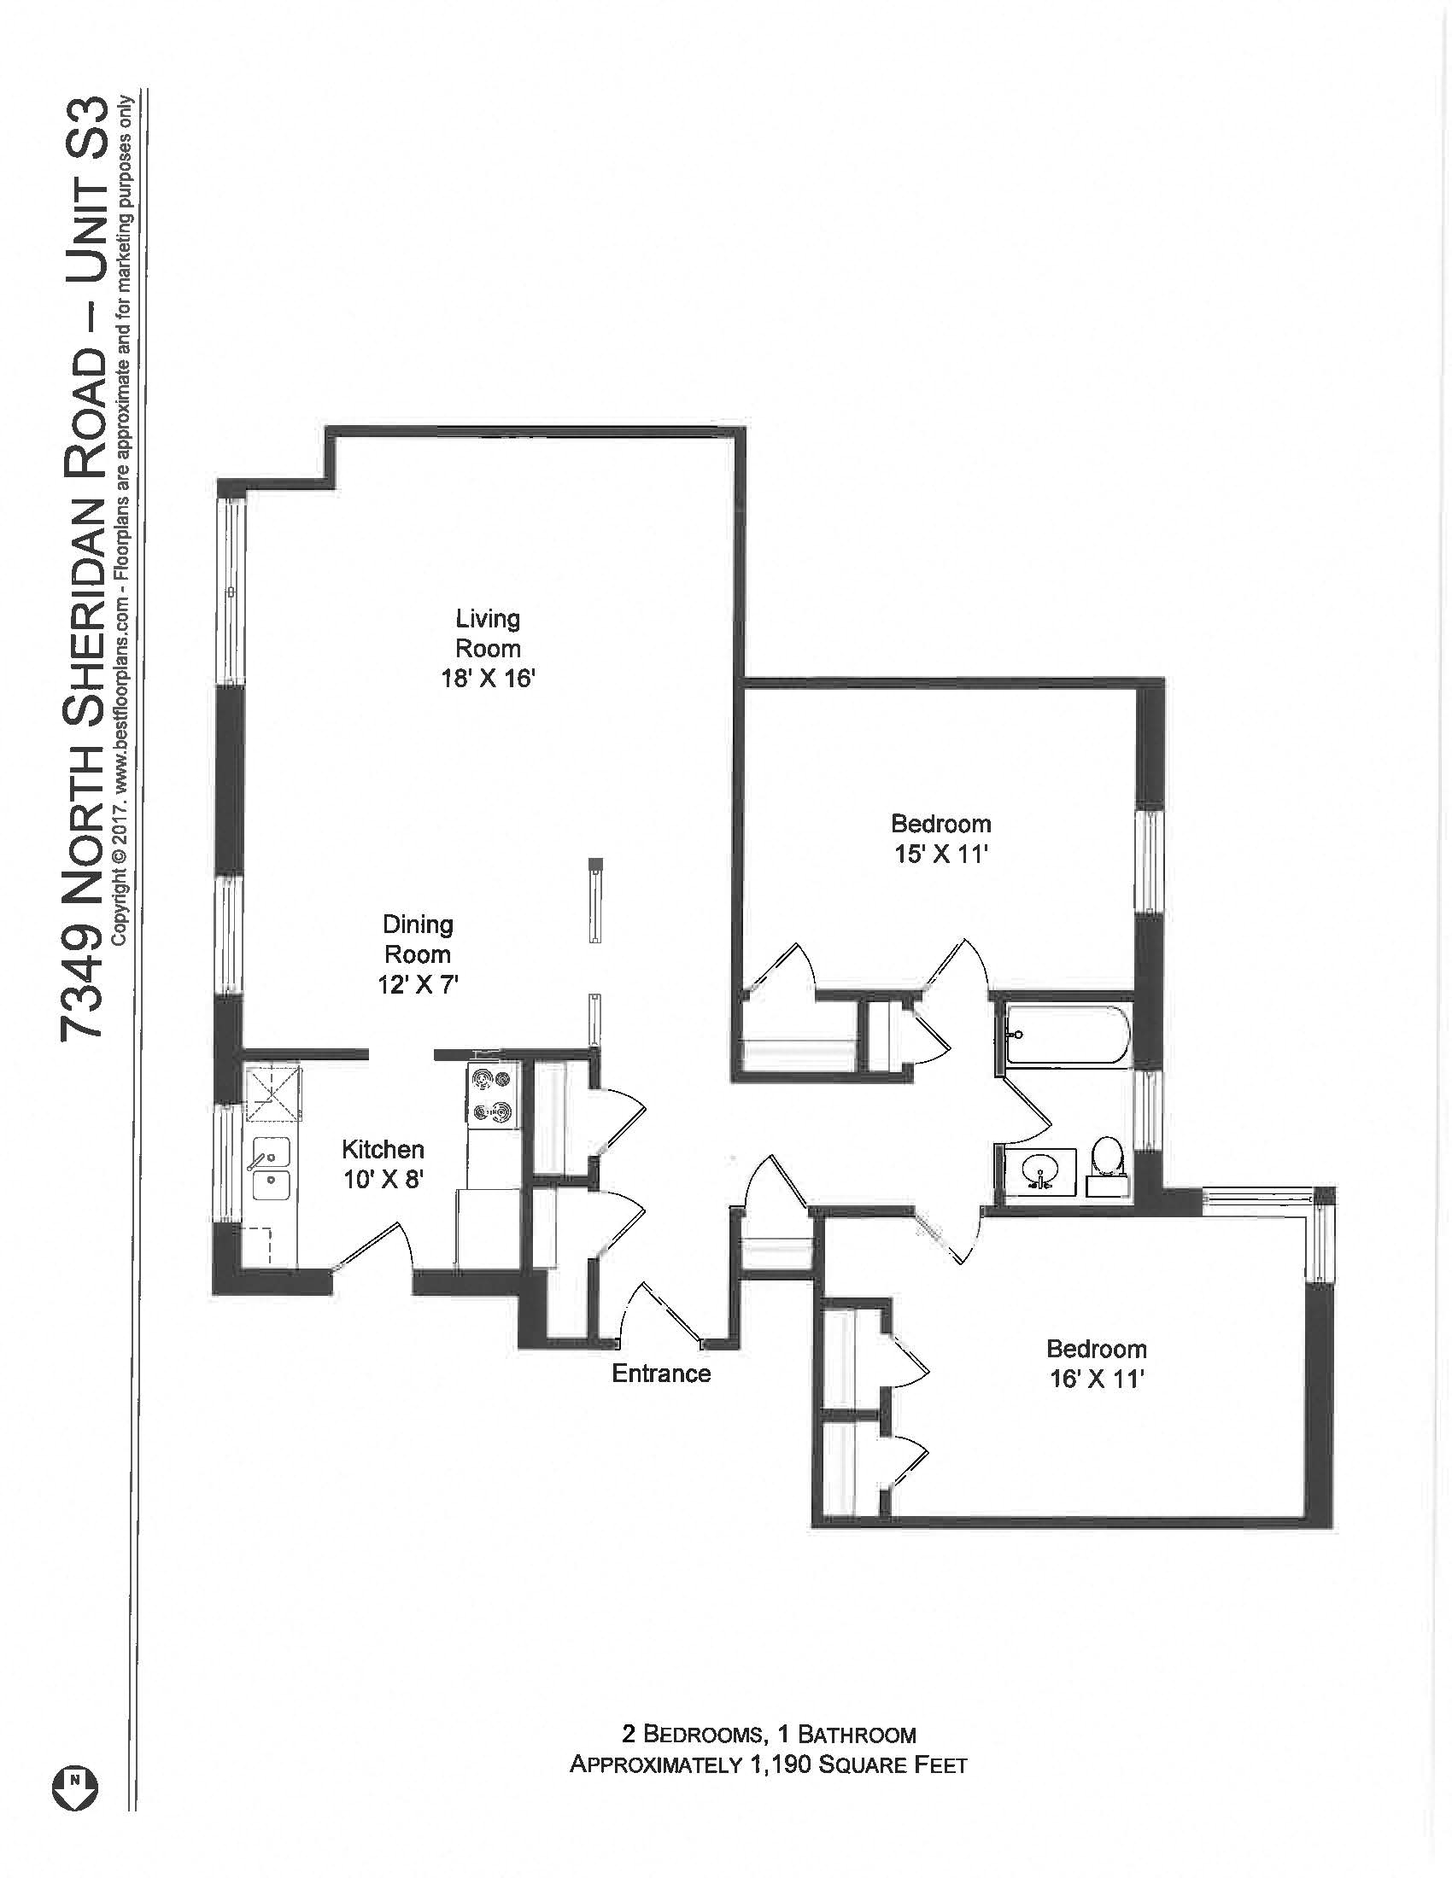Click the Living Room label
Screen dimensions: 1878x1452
point(488,633)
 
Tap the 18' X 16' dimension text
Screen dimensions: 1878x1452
point(488,679)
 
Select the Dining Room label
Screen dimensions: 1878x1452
point(417,939)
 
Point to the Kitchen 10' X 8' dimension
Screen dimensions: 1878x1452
point(383,1180)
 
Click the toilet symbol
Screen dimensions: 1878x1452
point(1105,1162)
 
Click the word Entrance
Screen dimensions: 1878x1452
point(660,1374)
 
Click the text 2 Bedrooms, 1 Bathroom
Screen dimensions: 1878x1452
point(768,1733)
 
